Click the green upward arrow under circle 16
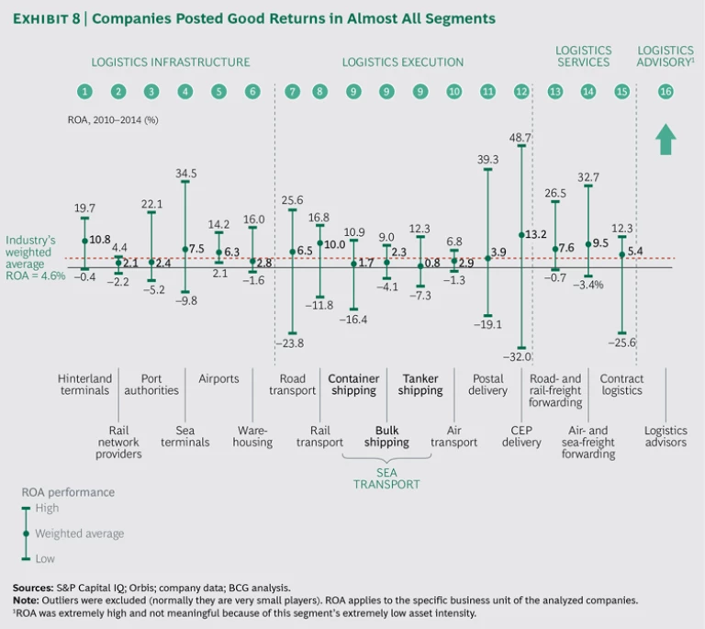[666, 139]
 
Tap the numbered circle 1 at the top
[84, 92]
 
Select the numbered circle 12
[522, 92]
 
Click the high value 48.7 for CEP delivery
[520, 137]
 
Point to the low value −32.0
[520, 357]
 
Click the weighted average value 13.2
[536, 234]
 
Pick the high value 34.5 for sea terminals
[186, 173]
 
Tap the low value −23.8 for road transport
[292, 343]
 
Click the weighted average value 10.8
[100, 240]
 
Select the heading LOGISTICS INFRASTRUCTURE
[170, 62]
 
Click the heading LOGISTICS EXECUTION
[403, 62]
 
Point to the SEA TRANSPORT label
[386, 477]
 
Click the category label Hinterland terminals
[84, 385]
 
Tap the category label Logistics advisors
[666, 436]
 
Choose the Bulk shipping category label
[386, 436]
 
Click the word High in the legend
[47, 508]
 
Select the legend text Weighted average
[79, 534]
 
